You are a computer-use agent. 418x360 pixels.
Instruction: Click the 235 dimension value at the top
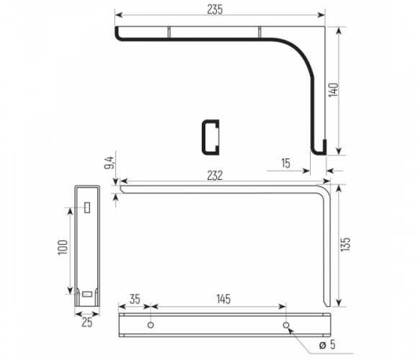click(x=215, y=9)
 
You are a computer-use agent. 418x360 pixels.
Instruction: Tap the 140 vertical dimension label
click(x=333, y=90)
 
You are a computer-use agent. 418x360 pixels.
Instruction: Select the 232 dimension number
click(x=215, y=176)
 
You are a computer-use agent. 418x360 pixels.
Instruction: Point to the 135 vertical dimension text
click(x=345, y=244)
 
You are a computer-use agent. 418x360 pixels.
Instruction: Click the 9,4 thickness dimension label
click(x=110, y=162)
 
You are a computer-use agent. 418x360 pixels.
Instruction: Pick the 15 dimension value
click(x=285, y=163)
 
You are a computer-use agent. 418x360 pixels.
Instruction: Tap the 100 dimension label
click(x=63, y=248)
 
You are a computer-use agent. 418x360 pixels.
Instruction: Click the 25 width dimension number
click(x=87, y=323)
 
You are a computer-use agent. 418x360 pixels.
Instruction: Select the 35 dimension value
click(x=135, y=299)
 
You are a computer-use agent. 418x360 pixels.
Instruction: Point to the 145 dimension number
click(x=223, y=299)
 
